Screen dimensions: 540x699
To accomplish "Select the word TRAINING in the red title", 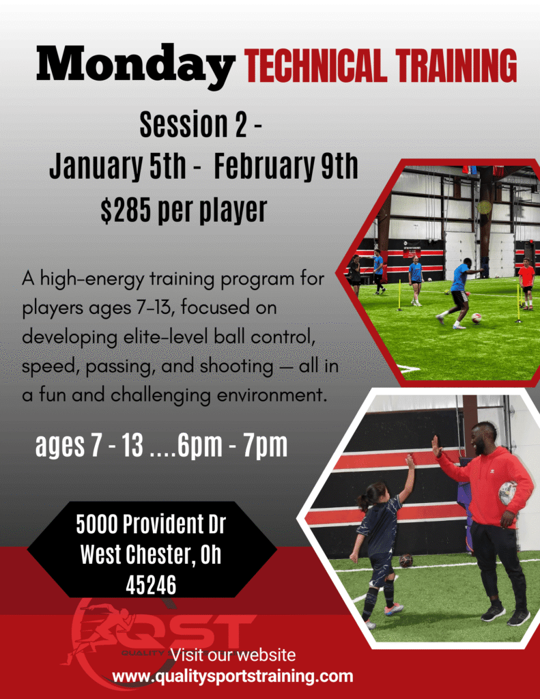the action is point(457,66).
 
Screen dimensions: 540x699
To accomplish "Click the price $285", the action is point(126,210).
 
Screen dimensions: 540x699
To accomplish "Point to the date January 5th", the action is point(117,165).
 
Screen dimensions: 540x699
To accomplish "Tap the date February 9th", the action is point(286,165).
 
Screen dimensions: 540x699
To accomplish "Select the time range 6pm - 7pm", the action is point(232,445).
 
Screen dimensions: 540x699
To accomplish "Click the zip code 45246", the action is point(151,585).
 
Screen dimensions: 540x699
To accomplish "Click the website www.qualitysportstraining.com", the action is point(232,676).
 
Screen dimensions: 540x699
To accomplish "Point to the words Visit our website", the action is point(233,655).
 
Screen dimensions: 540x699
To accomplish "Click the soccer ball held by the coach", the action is point(507,493).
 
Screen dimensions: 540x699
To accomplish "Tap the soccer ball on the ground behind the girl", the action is point(406,560).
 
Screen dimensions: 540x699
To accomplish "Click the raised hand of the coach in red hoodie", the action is point(436,446).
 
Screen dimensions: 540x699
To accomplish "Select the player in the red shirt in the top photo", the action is point(526,283).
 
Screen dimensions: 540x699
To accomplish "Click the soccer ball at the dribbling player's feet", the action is point(477,318).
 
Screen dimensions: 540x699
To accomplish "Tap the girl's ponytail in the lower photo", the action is point(364,502).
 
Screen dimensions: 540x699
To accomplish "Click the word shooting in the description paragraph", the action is point(236,367).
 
